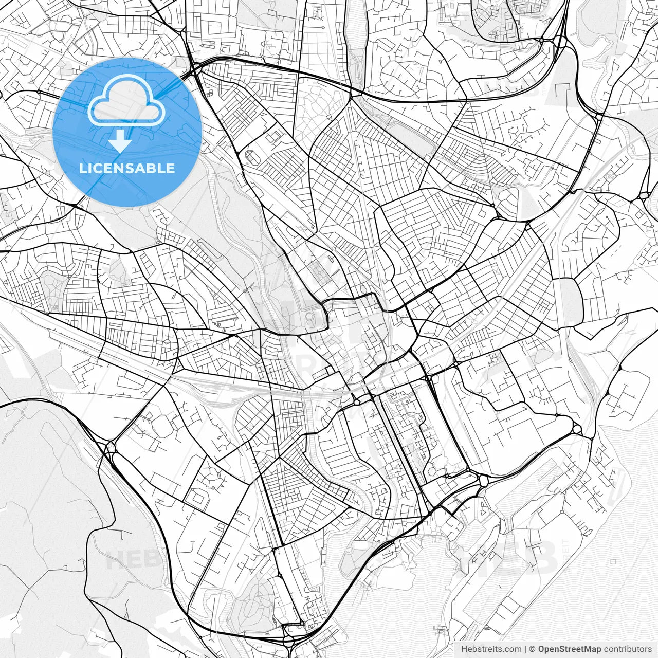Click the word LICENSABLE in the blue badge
[x=127, y=168]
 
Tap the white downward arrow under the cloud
[x=120, y=140]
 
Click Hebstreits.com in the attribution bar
[x=491, y=649]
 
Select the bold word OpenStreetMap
[x=569, y=649]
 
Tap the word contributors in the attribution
[x=627, y=649]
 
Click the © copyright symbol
[x=533, y=649]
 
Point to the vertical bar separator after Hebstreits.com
[x=525, y=649]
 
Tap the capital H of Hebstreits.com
[x=464, y=649]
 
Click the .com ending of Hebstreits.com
[x=513, y=649]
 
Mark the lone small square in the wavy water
[x=613, y=562]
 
